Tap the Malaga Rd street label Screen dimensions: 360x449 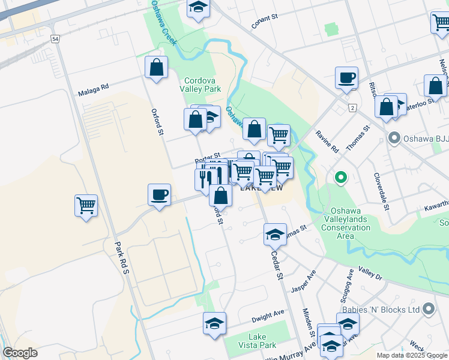(x=93, y=90)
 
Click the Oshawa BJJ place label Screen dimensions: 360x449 (x=423, y=139)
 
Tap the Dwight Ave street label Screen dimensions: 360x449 (x=268, y=314)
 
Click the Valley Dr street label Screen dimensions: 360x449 (x=370, y=273)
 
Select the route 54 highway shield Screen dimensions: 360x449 (x=55, y=39)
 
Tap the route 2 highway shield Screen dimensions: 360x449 (x=352, y=107)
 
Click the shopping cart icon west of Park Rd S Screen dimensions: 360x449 (x=86, y=206)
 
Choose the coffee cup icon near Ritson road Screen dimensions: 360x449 (x=347, y=77)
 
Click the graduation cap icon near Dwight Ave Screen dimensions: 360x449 (x=214, y=323)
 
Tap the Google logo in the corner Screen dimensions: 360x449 (x=20, y=353)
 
